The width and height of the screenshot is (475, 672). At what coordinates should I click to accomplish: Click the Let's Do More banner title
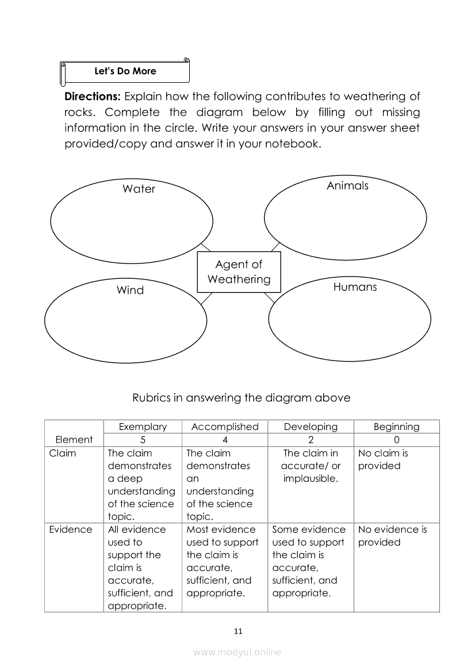click(x=125, y=71)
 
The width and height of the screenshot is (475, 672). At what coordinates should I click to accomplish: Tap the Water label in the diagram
click(x=139, y=189)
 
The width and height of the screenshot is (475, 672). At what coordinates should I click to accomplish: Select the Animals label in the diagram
click(x=347, y=185)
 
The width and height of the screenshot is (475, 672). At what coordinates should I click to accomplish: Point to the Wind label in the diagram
click(x=130, y=290)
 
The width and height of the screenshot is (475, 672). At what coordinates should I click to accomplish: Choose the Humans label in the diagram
click(x=355, y=286)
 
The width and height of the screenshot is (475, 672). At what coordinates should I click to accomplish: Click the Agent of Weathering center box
click(x=239, y=272)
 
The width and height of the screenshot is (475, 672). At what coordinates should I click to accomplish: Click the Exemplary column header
click(x=143, y=427)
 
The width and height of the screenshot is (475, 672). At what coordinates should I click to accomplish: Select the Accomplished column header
click(x=225, y=427)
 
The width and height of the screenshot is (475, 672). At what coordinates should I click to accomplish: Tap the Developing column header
click(x=311, y=427)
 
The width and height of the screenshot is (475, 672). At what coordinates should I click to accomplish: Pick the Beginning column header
click(x=396, y=427)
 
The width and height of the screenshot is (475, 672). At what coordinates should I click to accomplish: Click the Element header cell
click(x=74, y=440)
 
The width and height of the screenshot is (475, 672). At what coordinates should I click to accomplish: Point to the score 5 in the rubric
click(x=143, y=440)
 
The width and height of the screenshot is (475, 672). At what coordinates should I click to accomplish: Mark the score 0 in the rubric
click(x=396, y=440)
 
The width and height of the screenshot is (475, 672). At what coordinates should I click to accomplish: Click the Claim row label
click(x=62, y=453)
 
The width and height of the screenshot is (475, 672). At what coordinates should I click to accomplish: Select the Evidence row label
click(x=70, y=529)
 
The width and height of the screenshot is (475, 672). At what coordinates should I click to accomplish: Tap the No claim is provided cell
click(x=383, y=459)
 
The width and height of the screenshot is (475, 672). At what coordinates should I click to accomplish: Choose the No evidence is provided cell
click(x=392, y=536)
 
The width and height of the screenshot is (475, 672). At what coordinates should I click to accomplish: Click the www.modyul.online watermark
click(x=237, y=652)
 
